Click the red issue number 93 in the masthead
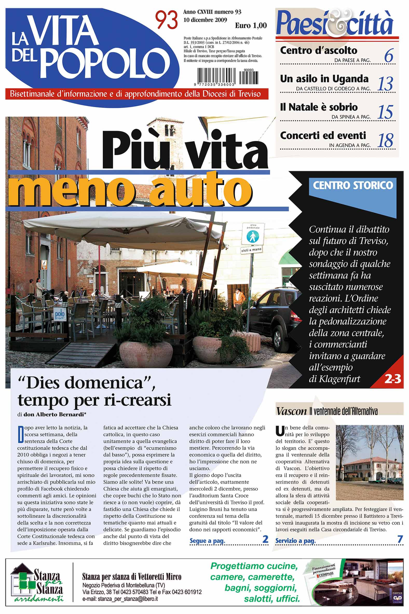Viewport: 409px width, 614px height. point(166,20)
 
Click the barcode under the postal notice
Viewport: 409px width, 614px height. point(227,76)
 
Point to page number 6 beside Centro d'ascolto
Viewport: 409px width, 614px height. point(388,55)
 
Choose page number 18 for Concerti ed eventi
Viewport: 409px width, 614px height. point(385,140)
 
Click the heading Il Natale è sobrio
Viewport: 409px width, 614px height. point(318,107)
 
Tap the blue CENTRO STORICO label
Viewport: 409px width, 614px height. point(352,185)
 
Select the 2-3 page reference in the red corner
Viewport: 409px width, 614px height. point(393,379)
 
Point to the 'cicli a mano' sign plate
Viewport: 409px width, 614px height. point(251,250)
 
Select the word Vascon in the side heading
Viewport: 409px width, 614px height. point(291,411)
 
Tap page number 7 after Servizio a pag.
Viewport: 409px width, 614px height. point(400,540)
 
